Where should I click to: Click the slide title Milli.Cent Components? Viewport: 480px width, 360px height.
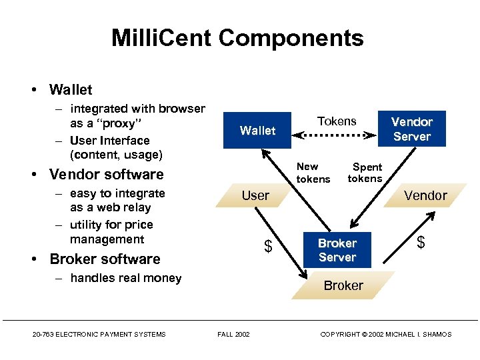(237, 38)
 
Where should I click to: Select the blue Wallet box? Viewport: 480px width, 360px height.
(257, 131)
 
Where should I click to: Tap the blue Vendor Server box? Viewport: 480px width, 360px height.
(411, 129)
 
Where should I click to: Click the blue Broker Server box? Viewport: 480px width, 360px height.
(337, 250)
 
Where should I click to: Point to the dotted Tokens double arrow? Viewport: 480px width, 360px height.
(337, 135)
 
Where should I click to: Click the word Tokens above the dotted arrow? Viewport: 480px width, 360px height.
(337, 121)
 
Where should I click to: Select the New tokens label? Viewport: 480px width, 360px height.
(313, 173)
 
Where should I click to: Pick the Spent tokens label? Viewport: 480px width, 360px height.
(365, 173)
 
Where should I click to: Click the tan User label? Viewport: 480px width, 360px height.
(255, 195)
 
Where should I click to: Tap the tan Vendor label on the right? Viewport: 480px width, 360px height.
(425, 195)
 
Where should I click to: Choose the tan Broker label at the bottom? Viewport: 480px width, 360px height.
(343, 285)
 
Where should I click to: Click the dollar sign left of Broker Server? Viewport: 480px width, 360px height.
(268, 247)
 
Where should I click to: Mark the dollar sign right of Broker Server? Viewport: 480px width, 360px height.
(421, 243)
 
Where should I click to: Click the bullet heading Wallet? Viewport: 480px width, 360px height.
(71, 89)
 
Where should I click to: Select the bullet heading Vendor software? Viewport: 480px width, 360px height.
(106, 175)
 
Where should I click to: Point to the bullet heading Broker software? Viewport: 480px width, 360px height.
(105, 259)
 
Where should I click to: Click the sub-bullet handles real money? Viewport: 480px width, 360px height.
(125, 278)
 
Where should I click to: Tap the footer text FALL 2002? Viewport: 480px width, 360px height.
(233, 334)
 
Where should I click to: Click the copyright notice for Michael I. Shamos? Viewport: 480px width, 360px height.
(385, 334)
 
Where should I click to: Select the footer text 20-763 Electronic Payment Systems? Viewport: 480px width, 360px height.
(99, 334)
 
